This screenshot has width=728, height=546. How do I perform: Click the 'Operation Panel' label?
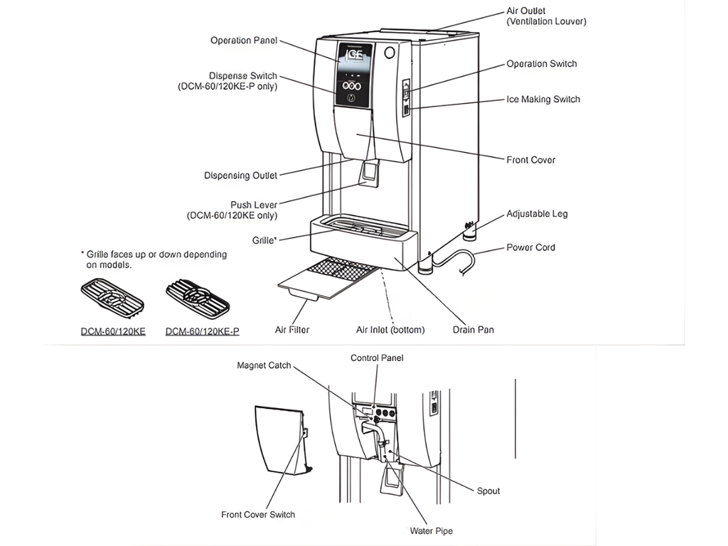[244, 41]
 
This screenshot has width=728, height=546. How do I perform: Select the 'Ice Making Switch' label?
[543, 100]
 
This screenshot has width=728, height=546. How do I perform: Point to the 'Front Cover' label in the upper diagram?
[530, 160]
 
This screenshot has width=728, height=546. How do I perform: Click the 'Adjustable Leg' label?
[537, 214]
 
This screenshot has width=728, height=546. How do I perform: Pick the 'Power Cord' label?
[530, 247]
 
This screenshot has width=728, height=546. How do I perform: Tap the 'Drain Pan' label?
[473, 330]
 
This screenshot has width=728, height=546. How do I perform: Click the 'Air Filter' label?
[292, 330]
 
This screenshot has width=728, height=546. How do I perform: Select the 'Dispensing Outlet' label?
[240, 176]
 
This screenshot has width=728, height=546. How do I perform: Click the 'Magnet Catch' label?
[264, 365]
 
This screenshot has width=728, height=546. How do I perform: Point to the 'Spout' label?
[488, 491]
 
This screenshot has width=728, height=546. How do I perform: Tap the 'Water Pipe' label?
[431, 531]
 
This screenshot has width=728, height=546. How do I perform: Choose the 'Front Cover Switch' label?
[258, 515]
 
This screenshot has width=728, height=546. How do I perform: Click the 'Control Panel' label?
[377, 358]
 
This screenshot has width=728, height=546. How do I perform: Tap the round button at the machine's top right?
[389, 52]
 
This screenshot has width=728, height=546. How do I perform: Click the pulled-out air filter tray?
[327, 280]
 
